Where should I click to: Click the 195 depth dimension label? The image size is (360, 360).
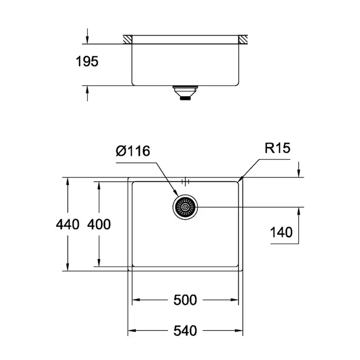pos(87,62)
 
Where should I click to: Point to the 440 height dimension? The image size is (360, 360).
pos(68,224)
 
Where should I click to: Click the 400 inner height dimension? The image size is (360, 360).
pos(98,224)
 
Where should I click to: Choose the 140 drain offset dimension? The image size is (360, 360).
pos(281,232)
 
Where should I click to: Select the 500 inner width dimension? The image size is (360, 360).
pos(185,300)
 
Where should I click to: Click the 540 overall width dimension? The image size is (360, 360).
pos(185,331)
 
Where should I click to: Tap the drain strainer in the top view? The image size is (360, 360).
pos(185,207)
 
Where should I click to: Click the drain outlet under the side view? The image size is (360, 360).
pos(185,92)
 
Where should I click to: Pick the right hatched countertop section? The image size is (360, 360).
pos(243,39)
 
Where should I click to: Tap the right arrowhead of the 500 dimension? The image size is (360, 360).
pos(236,300)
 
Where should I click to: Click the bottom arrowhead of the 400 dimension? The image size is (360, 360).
pos(98,264)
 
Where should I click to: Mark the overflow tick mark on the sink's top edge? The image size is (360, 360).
pos(185,181)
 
